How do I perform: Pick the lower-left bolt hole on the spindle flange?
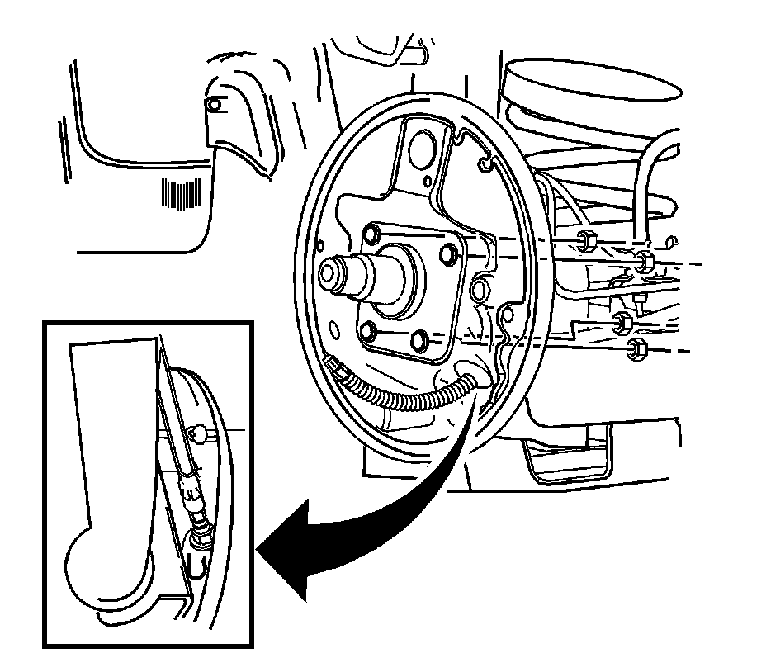click(x=370, y=332)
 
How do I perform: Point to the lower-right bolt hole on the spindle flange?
click(x=422, y=338)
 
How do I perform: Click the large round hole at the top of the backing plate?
click(x=421, y=145)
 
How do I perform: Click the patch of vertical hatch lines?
click(x=182, y=196)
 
